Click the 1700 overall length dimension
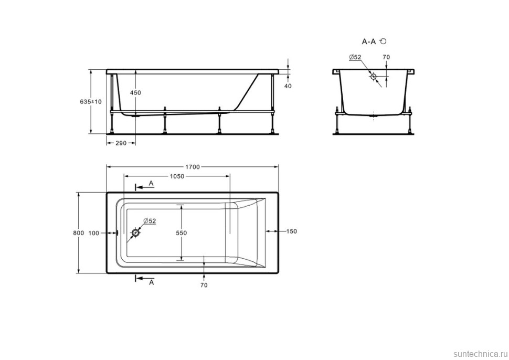pos(192,167)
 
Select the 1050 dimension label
pos(176,176)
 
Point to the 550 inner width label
pos(182,232)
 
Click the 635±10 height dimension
pos(91,102)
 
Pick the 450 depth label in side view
pos(135,93)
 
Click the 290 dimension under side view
pos(121,143)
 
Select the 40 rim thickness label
pos(288,86)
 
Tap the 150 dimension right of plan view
pos(292,231)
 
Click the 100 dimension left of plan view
pos(94,232)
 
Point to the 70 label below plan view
pos(204,285)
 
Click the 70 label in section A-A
pos(386,57)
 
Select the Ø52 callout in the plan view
pos(150,221)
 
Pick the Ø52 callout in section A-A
pos(355,57)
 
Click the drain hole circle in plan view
pos(136,232)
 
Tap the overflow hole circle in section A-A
pos(374,76)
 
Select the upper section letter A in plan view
pos(151,183)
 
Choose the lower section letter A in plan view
pos(151,282)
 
